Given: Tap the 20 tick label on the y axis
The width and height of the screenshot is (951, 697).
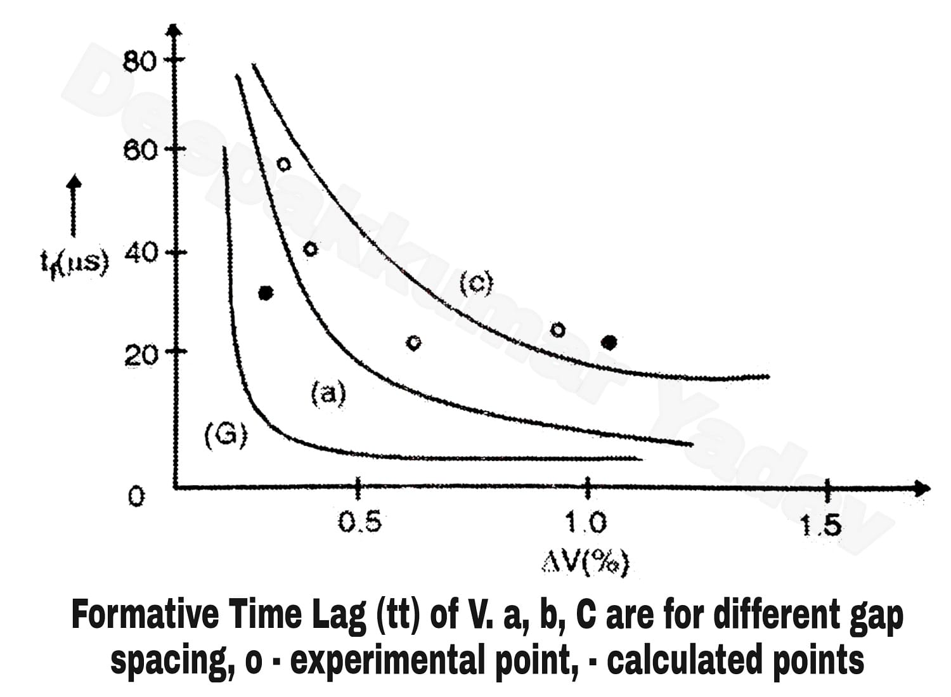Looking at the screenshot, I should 140,356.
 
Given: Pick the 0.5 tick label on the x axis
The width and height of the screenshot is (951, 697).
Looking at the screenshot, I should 359,523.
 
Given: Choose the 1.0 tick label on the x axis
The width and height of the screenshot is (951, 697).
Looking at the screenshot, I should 586,523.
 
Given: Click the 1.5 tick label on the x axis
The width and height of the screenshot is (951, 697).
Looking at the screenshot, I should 822,524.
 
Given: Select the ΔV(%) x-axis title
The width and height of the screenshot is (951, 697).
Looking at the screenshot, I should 586,561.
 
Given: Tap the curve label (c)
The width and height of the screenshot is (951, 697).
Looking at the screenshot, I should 475,283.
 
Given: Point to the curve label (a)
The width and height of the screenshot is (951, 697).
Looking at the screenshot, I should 328,394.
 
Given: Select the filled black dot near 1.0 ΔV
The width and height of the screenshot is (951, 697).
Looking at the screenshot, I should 609,342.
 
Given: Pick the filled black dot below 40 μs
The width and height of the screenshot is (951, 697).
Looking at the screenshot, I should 266,293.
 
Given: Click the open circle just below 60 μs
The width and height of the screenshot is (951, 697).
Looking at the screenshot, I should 284,164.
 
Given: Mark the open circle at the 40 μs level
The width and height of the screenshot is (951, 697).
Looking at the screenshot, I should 310,249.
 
